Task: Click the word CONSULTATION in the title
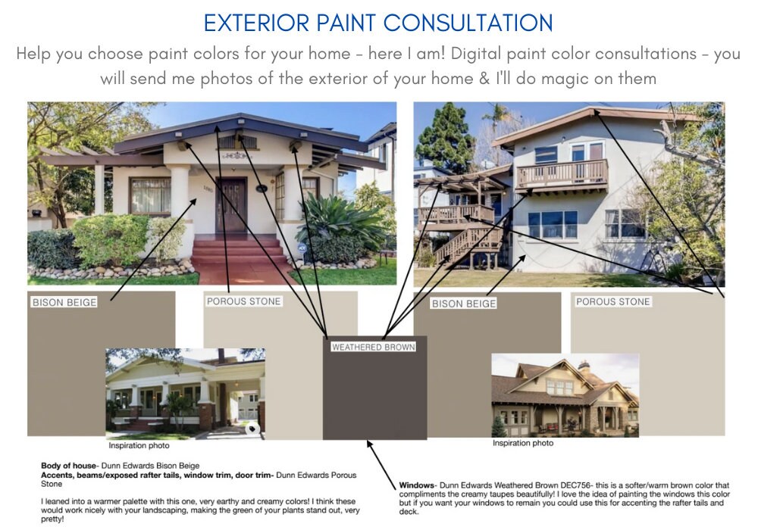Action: pyautogui.click(x=468, y=23)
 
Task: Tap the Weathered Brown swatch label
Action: pyautogui.click(x=373, y=347)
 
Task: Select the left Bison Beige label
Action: pyautogui.click(x=64, y=302)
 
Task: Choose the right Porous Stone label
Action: pyautogui.click(x=612, y=301)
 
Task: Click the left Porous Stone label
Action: pyautogui.click(x=243, y=301)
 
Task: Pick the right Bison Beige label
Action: pyautogui.click(x=464, y=304)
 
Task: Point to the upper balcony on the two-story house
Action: pyautogui.click(x=562, y=175)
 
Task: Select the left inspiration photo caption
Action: pyautogui.click(x=139, y=445)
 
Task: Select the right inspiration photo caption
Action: pyautogui.click(x=523, y=443)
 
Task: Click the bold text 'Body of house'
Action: pyautogui.click(x=68, y=466)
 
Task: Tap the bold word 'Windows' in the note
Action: pyautogui.click(x=417, y=485)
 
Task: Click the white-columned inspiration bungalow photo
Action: pyautogui.click(x=185, y=394)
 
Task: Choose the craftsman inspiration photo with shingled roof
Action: pyautogui.click(x=565, y=395)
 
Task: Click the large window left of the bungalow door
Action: pyautogui.click(x=150, y=195)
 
